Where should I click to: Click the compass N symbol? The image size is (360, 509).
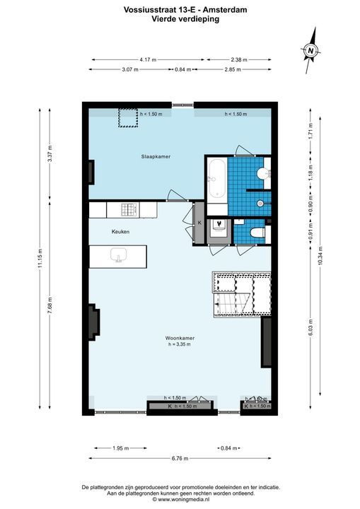tap(311, 51)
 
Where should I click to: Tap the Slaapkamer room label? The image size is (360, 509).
tap(156, 156)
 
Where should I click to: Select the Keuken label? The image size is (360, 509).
tap(120, 232)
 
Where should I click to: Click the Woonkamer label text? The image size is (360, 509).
tap(180, 338)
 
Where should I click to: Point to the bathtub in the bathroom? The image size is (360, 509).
tap(217, 179)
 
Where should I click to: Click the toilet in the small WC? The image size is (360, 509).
tap(258, 233)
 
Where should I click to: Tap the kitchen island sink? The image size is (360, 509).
tap(118, 255)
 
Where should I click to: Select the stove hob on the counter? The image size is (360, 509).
tap(129, 210)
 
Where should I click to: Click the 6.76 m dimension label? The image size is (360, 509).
tap(180, 458)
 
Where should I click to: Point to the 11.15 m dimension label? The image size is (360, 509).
tap(40, 259)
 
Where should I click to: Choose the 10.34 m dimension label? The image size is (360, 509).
tap(320, 259)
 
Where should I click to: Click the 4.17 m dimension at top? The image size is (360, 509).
tap(148, 59)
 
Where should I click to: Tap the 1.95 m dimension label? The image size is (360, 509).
tap(121, 448)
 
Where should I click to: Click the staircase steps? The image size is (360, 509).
tap(233, 305)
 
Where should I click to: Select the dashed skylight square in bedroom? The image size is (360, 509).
tap(128, 117)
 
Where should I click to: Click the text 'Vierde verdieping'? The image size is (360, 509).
tap(185, 19)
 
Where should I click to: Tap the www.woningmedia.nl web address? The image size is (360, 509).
tap(184, 499)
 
